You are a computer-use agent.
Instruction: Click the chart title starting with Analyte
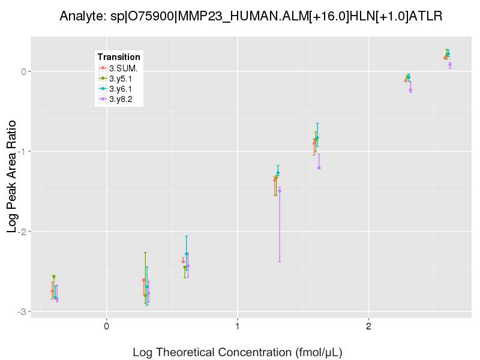[x=251, y=16]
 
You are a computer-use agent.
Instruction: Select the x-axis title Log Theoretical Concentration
[x=238, y=352]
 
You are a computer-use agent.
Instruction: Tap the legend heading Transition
[x=119, y=57]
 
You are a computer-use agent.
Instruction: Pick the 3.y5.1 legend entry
[x=124, y=78]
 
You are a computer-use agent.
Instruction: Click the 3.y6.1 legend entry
[x=124, y=89]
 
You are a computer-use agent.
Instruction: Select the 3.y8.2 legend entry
[x=124, y=99]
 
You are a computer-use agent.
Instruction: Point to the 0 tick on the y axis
[x=24, y=71]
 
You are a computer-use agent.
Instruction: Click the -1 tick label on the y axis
[x=23, y=151]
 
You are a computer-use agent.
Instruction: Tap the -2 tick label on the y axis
[x=23, y=232]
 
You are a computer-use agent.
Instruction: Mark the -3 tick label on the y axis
[x=23, y=311]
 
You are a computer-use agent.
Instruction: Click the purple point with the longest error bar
[x=280, y=191]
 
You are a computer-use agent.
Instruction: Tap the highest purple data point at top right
[x=450, y=64]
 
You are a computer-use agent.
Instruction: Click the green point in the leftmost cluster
[x=53, y=277]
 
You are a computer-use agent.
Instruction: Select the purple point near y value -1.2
[x=319, y=168]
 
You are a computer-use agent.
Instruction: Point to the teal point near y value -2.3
[x=187, y=254]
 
